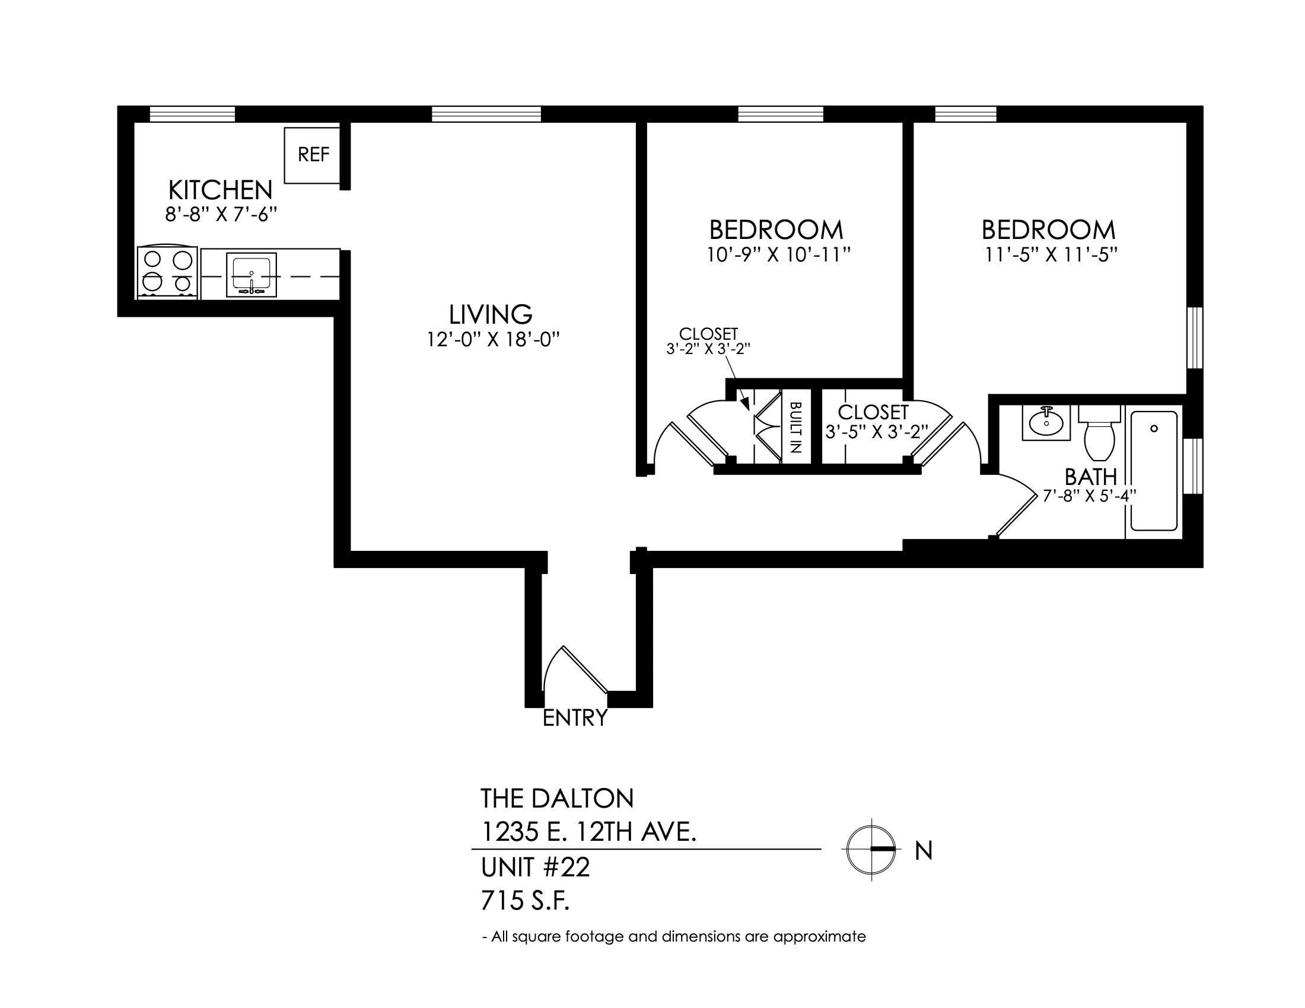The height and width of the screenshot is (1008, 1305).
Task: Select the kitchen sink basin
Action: coord(252,274)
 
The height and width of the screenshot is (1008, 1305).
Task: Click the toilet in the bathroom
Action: coord(1099,433)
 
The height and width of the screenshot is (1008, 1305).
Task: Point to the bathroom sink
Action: coord(1046,423)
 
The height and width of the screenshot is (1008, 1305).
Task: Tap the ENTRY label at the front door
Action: coord(575,718)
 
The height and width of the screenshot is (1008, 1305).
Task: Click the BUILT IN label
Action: coord(795,428)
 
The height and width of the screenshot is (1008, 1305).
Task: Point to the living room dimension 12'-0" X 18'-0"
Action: coord(493,340)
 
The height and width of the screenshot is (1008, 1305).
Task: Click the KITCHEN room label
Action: coord(221,190)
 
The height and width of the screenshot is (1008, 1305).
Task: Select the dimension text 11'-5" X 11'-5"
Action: coord(1051,255)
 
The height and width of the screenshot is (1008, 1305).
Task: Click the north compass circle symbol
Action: coord(871,849)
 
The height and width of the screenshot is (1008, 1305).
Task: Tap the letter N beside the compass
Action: coord(924,851)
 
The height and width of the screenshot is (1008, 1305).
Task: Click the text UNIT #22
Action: coord(536,867)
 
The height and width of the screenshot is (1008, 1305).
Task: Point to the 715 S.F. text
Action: coord(525,901)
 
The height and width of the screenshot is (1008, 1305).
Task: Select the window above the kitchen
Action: coord(192,113)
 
